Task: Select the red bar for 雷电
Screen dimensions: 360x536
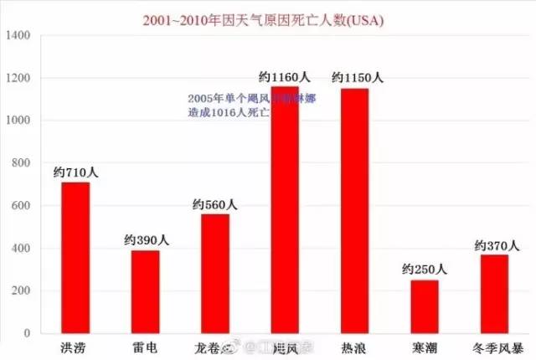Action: pos(145,292)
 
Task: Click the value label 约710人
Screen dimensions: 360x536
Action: pos(75,172)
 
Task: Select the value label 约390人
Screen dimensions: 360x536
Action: pos(146,239)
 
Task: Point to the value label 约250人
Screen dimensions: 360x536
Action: pos(425,270)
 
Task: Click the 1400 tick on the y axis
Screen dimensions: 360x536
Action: pos(18,36)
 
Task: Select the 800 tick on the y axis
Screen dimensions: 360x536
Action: pos(20,163)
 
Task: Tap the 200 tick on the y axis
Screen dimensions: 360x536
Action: pos(20,291)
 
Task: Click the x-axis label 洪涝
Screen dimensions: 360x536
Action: pos(75,347)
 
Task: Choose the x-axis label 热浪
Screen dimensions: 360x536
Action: pos(354,347)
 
